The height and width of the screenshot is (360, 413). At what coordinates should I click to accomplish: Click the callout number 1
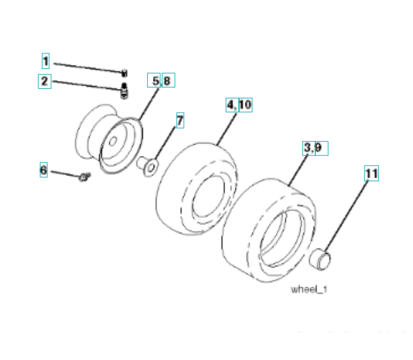[46, 61]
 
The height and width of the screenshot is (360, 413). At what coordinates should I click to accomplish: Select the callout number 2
[44, 80]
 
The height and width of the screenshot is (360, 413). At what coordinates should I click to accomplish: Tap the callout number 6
[43, 170]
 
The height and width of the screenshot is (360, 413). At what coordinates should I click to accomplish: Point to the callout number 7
[179, 119]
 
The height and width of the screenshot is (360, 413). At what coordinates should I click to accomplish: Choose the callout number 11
[372, 173]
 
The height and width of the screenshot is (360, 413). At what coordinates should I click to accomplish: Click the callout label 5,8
[161, 80]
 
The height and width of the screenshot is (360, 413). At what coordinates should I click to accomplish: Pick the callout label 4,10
[239, 106]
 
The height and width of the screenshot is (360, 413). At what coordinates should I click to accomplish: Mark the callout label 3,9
[315, 148]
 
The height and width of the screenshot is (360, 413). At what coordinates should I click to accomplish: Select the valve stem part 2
[125, 92]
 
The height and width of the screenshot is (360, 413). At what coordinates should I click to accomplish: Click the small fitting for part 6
[84, 177]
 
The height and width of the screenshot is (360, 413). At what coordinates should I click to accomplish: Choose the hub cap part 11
[321, 262]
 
